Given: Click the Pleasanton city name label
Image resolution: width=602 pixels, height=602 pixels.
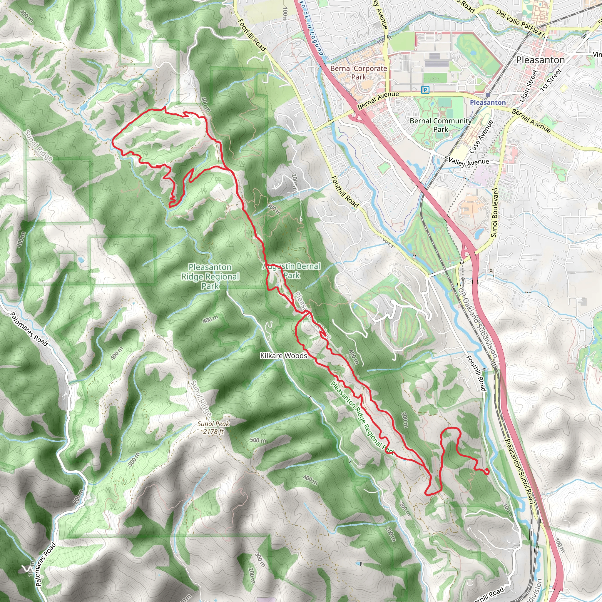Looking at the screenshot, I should click(x=540, y=60).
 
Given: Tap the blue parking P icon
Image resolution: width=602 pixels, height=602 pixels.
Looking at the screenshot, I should click(x=425, y=90).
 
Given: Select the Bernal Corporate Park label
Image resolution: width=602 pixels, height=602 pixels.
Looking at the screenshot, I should click(x=359, y=72).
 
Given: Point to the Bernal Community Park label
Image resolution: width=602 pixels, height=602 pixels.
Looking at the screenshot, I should click(x=441, y=125).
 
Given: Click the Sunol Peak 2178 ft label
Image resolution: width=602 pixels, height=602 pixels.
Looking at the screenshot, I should click(x=213, y=427).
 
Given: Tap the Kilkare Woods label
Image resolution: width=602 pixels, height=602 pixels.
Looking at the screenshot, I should click(x=284, y=356).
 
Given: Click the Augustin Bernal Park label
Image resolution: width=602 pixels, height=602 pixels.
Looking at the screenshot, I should click(x=292, y=270).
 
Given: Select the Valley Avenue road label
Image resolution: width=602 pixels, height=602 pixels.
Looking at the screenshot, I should click(x=468, y=162).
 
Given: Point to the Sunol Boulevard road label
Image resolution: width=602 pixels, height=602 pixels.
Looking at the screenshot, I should click(x=494, y=213).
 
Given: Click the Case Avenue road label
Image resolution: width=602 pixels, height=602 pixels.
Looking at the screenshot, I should click(x=481, y=137).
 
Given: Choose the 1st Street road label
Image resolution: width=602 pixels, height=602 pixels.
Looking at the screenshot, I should click(x=551, y=80).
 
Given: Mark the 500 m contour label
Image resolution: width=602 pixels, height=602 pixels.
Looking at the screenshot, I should click(x=258, y=440).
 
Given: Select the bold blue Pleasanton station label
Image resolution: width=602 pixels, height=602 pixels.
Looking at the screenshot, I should click(x=488, y=103).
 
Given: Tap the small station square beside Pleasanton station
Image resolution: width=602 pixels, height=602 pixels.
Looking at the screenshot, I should click(x=488, y=95).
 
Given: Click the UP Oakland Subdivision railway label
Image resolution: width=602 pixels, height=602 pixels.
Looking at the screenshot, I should click(x=477, y=321).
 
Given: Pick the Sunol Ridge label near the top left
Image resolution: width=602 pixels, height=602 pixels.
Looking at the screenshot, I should click(x=38, y=146).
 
